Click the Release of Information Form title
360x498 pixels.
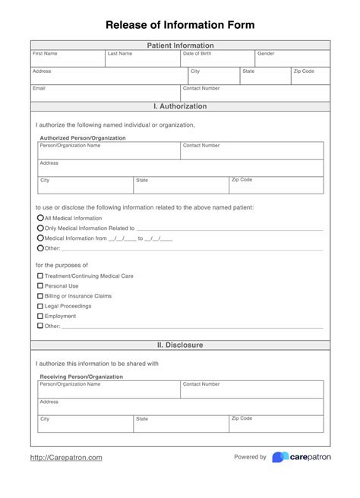tap(180, 25)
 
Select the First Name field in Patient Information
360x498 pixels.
tap(68, 60)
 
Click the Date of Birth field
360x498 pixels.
tap(217, 60)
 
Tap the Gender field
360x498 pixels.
tap(292, 60)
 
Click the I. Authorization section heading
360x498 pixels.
tap(180, 106)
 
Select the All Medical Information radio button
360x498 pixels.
tap(40, 218)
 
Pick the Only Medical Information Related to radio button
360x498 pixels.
tap(40, 228)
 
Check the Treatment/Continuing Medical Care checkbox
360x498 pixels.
tap(40, 276)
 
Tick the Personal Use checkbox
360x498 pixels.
tap(40, 286)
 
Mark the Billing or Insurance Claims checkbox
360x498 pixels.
tap(40, 296)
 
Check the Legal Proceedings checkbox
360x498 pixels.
tap(40, 306)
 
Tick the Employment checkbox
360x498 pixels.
tap(40, 316)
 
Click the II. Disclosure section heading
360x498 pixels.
tap(180, 345)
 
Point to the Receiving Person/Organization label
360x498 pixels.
tap(82, 377)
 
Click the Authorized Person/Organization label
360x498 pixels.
tap(82, 138)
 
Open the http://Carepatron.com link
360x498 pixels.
tap(66, 458)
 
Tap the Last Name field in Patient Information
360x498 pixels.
tap(143, 60)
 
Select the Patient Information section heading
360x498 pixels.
tap(180, 46)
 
